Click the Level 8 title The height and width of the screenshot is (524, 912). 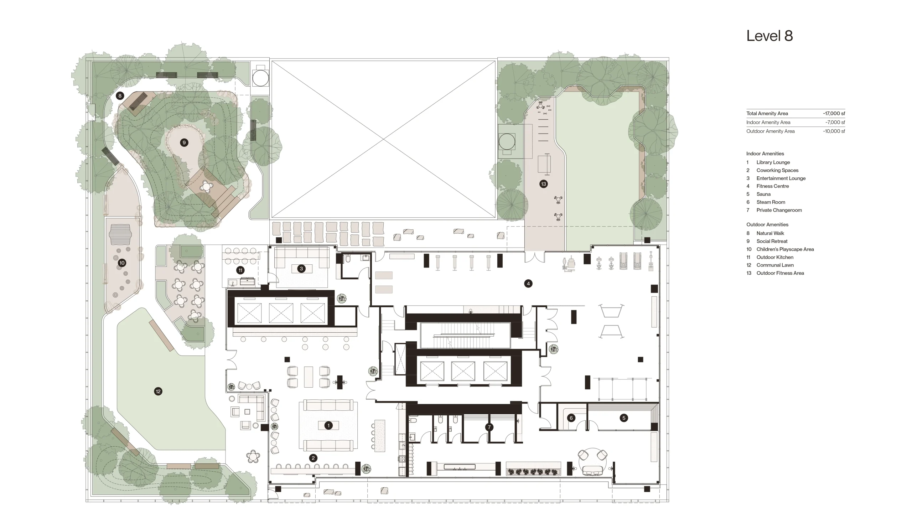click(x=769, y=36)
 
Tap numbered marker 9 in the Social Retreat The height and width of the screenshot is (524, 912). click(x=184, y=142)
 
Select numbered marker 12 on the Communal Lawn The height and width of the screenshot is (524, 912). click(x=158, y=391)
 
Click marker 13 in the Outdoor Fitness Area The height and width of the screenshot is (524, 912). click(x=543, y=184)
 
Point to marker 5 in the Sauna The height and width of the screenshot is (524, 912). click(x=624, y=418)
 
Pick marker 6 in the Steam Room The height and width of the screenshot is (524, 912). click(x=571, y=418)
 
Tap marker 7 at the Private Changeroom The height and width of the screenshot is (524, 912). click(x=489, y=427)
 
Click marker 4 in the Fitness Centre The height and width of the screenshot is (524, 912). click(x=528, y=284)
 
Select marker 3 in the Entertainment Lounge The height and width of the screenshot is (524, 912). click(x=301, y=269)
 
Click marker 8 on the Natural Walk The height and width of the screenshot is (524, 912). click(x=120, y=96)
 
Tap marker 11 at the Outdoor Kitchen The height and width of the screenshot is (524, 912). click(x=240, y=270)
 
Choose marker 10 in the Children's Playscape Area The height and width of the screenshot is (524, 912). click(x=121, y=263)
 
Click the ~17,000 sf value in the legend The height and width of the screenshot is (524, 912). click(x=834, y=113)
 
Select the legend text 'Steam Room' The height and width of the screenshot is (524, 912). click(x=771, y=202)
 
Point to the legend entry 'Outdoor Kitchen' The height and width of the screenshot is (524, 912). click(x=774, y=257)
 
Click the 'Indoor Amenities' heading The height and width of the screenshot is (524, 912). click(x=765, y=154)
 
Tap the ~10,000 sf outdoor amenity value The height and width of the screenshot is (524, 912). click(x=834, y=131)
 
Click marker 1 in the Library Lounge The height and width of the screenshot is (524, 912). click(x=328, y=425)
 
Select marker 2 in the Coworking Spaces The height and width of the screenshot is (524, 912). click(x=313, y=458)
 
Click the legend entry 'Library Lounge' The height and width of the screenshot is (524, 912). click(x=773, y=162)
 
